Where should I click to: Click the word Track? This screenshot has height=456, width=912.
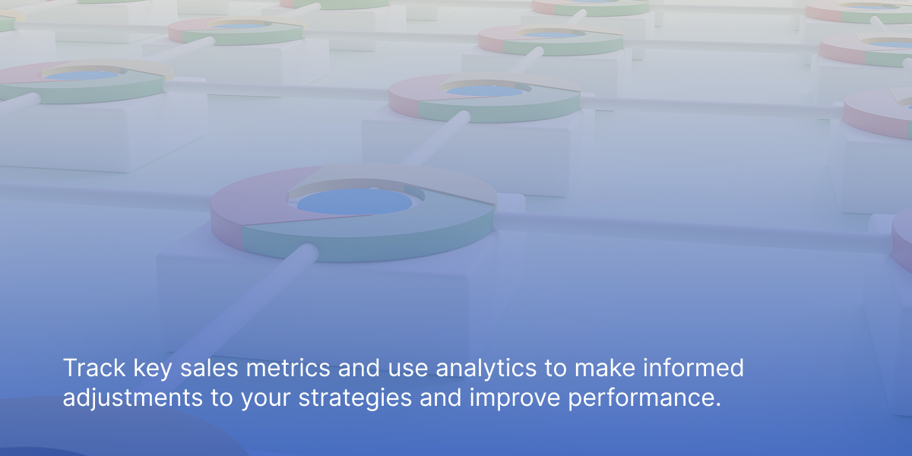pyautogui.click(x=94, y=368)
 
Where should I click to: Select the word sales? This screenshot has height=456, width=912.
pyautogui.click(x=209, y=368)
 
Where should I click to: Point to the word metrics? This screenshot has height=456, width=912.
pyautogui.click(x=288, y=368)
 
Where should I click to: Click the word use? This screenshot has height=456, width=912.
pyautogui.click(x=407, y=370)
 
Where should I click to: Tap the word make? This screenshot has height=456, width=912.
pyautogui.click(x=605, y=368)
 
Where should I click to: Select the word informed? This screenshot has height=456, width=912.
pyautogui.click(x=693, y=368)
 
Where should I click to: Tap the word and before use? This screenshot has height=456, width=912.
pyautogui.click(x=359, y=368)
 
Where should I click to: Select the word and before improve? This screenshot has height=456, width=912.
pyautogui.click(x=441, y=397)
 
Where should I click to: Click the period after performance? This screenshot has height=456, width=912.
pyautogui.click(x=717, y=404)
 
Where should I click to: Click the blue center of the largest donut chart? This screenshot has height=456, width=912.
pyautogui.click(x=355, y=201)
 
